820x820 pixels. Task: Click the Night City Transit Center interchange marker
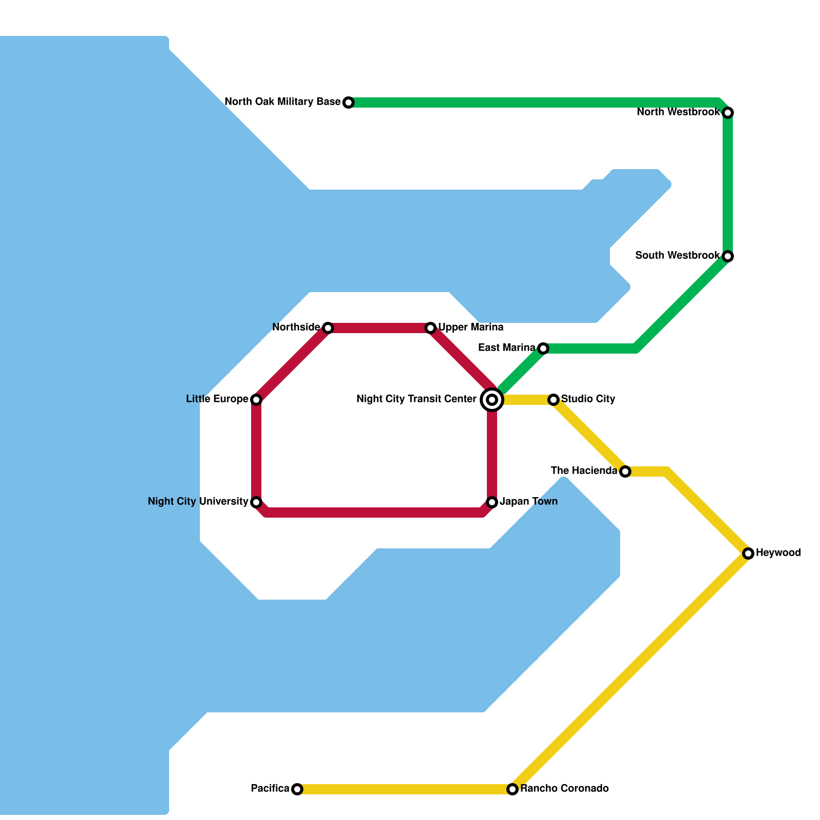(492, 400)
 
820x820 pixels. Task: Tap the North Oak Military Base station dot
(348, 102)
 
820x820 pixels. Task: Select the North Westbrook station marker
(728, 113)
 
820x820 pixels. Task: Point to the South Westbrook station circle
(728, 256)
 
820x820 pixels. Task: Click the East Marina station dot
(543, 348)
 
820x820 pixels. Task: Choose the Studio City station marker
(553, 400)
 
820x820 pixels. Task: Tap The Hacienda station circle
(625, 471)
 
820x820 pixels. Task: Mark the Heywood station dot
(748, 553)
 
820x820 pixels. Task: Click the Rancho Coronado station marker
(512, 789)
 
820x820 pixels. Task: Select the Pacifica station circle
(297, 789)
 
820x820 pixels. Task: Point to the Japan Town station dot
(492, 502)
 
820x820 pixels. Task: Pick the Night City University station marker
(256, 502)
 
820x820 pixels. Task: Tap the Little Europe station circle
(256, 400)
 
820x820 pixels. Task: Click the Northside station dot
(328, 328)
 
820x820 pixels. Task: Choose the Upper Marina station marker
(430, 328)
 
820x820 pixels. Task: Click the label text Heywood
(778, 553)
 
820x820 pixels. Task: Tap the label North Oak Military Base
(282, 102)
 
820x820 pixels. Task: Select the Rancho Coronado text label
(564, 789)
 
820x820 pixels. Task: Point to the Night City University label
(198, 502)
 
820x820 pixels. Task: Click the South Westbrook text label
(678, 256)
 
